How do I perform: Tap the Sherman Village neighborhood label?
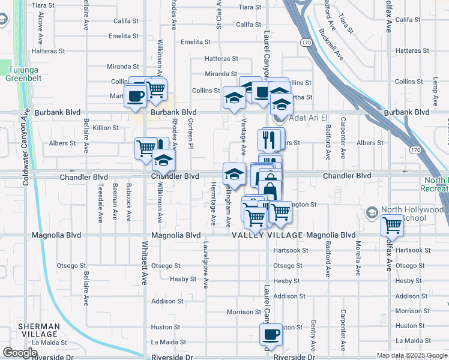point(38,330)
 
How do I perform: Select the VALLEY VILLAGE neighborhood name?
point(268,235)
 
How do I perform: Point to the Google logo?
point(20,353)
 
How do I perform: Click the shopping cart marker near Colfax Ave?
point(393,226)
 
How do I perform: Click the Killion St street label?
point(106,128)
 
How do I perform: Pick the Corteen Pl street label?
point(191,133)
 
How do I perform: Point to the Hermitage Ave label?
point(213,203)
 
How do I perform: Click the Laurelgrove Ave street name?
point(205,265)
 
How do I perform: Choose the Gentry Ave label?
point(313,331)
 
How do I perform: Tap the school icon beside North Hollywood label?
point(372,213)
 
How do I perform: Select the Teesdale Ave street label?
point(100,203)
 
